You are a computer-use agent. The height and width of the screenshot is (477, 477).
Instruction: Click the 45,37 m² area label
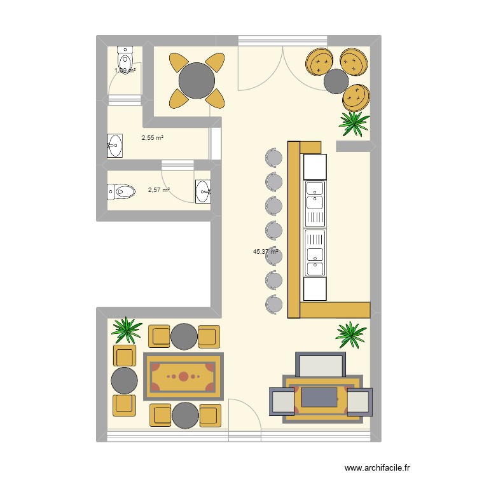[x=265, y=252]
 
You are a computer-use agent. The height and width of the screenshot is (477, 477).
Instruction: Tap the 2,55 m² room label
[x=153, y=137]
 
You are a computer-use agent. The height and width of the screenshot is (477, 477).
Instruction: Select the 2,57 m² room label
[x=159, y=190]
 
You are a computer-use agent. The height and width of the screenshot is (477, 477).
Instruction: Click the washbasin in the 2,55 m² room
[x=114, y=145]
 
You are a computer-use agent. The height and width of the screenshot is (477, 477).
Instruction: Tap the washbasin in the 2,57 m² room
[x=203, y=190]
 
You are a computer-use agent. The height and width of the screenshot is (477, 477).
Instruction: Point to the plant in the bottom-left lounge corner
[x=127, y=329]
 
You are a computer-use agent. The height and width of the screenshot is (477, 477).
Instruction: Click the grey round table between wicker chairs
[x=336, y=81]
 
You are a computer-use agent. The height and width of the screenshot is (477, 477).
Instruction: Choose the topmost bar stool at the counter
[x=273, y=157]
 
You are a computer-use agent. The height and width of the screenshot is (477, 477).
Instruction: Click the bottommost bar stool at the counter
[x=273, y=303]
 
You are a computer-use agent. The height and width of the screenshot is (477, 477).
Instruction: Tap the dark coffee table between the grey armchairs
[x=319, y=397]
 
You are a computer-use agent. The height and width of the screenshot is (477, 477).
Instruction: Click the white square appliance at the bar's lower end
[x=315, y=289]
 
